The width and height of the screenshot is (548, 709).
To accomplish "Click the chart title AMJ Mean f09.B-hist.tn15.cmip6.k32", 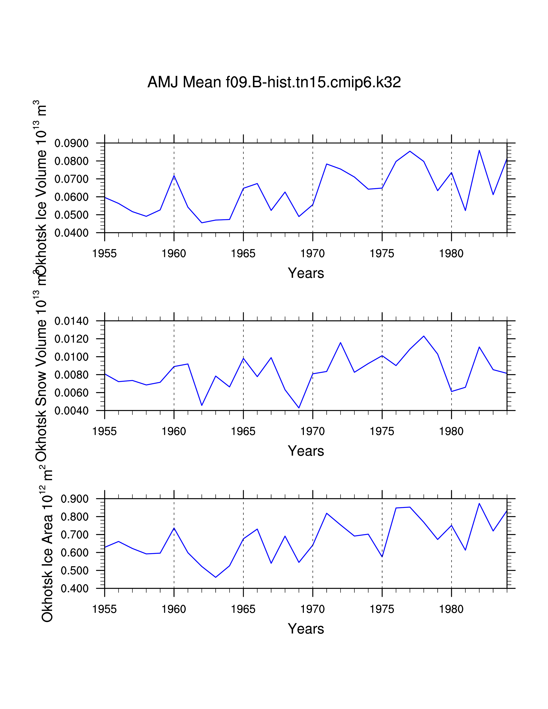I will point(274,82).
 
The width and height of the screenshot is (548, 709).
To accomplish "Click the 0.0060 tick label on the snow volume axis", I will point(71,393).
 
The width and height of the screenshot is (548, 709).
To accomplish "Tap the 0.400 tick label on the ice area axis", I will point(75,588).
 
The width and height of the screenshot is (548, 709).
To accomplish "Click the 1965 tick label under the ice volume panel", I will point(243,254).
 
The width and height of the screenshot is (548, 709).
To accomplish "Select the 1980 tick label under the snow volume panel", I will point(451,431).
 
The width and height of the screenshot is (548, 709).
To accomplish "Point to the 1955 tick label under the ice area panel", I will point(104,609).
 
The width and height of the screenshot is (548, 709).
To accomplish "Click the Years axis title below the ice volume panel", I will point(306,273).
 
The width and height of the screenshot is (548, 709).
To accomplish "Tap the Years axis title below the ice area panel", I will point(306,629).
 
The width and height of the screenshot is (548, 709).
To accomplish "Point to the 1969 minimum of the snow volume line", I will point(299,408).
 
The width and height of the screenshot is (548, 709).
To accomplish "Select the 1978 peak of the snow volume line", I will point(424,336).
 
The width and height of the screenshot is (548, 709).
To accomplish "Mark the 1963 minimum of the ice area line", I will point(216,577).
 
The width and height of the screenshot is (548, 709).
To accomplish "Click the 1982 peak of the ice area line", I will point(479,504).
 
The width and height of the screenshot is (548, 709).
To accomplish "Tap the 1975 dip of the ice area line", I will point(382,557).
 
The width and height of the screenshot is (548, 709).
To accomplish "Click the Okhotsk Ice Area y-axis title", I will point(47,545).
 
